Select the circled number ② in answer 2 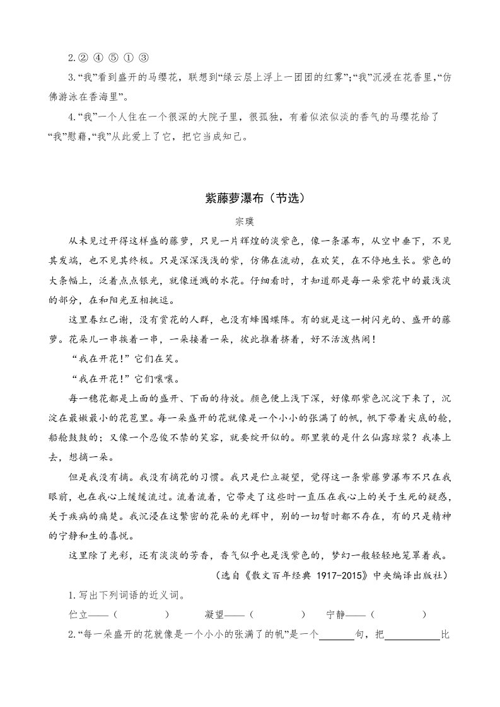pos(81,59)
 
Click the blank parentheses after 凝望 pos(277,614)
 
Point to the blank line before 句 pos(337,633)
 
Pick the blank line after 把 pos(412,633)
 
